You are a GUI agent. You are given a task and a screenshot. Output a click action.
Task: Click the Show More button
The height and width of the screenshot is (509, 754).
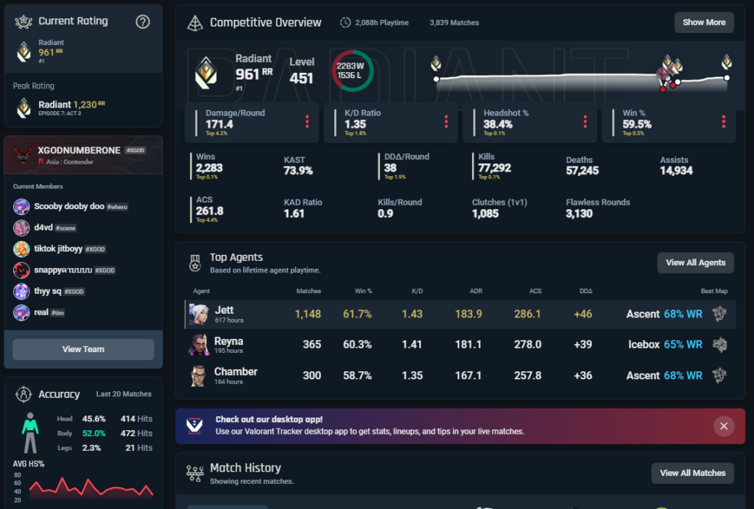704,22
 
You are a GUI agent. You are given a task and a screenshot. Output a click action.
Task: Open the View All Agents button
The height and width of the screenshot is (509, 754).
695,262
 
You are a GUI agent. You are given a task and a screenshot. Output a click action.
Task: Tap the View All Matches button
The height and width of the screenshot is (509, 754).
692,473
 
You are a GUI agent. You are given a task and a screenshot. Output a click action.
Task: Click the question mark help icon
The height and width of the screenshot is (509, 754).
143,22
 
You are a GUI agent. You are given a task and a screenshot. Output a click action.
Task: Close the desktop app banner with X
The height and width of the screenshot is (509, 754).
724,426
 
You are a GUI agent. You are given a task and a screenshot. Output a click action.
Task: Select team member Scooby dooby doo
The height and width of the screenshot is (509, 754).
69,207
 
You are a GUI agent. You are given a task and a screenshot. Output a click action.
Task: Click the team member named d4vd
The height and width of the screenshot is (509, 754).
43,228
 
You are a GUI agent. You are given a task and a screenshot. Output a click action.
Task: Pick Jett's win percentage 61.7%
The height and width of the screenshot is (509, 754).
357,314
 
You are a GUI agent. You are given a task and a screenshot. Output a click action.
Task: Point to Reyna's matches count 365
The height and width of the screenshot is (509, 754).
311,345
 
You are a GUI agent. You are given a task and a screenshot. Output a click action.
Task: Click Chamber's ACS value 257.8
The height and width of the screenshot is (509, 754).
526,376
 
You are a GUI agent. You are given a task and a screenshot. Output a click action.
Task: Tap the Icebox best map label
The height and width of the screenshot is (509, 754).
644,345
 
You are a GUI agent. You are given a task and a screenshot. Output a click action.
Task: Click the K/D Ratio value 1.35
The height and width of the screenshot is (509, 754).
355,124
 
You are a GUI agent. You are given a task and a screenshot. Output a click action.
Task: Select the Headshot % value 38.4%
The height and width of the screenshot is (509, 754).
498,124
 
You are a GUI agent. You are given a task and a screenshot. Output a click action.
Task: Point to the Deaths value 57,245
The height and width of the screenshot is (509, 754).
582,170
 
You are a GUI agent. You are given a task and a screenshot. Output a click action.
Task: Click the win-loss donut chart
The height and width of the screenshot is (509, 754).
353,71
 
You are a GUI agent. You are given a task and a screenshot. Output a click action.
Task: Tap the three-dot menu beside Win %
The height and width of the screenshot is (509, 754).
724,122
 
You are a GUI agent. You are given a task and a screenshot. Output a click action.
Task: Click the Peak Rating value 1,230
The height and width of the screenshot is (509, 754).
85,105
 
